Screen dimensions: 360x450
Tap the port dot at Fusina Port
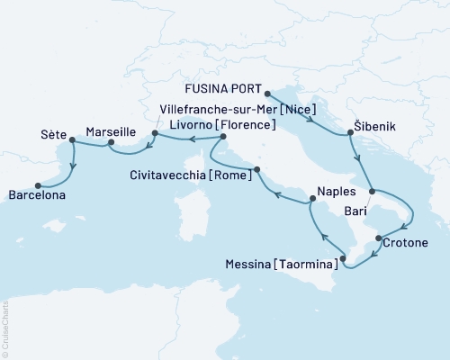[267, 90]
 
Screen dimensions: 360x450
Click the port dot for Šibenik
[349, 133]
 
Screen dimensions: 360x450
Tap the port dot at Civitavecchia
[257, 169]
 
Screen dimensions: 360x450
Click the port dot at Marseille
[110, 142]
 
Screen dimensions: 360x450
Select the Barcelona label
[39, 193]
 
